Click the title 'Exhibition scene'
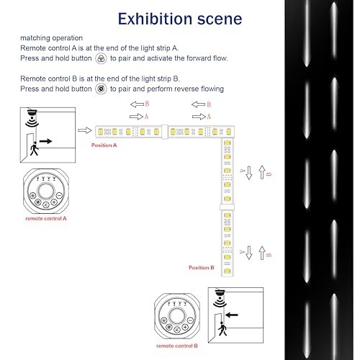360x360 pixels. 180,17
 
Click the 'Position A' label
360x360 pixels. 104,145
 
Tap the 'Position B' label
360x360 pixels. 202,267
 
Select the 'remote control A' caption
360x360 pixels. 46,217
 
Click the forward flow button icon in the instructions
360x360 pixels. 102,58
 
